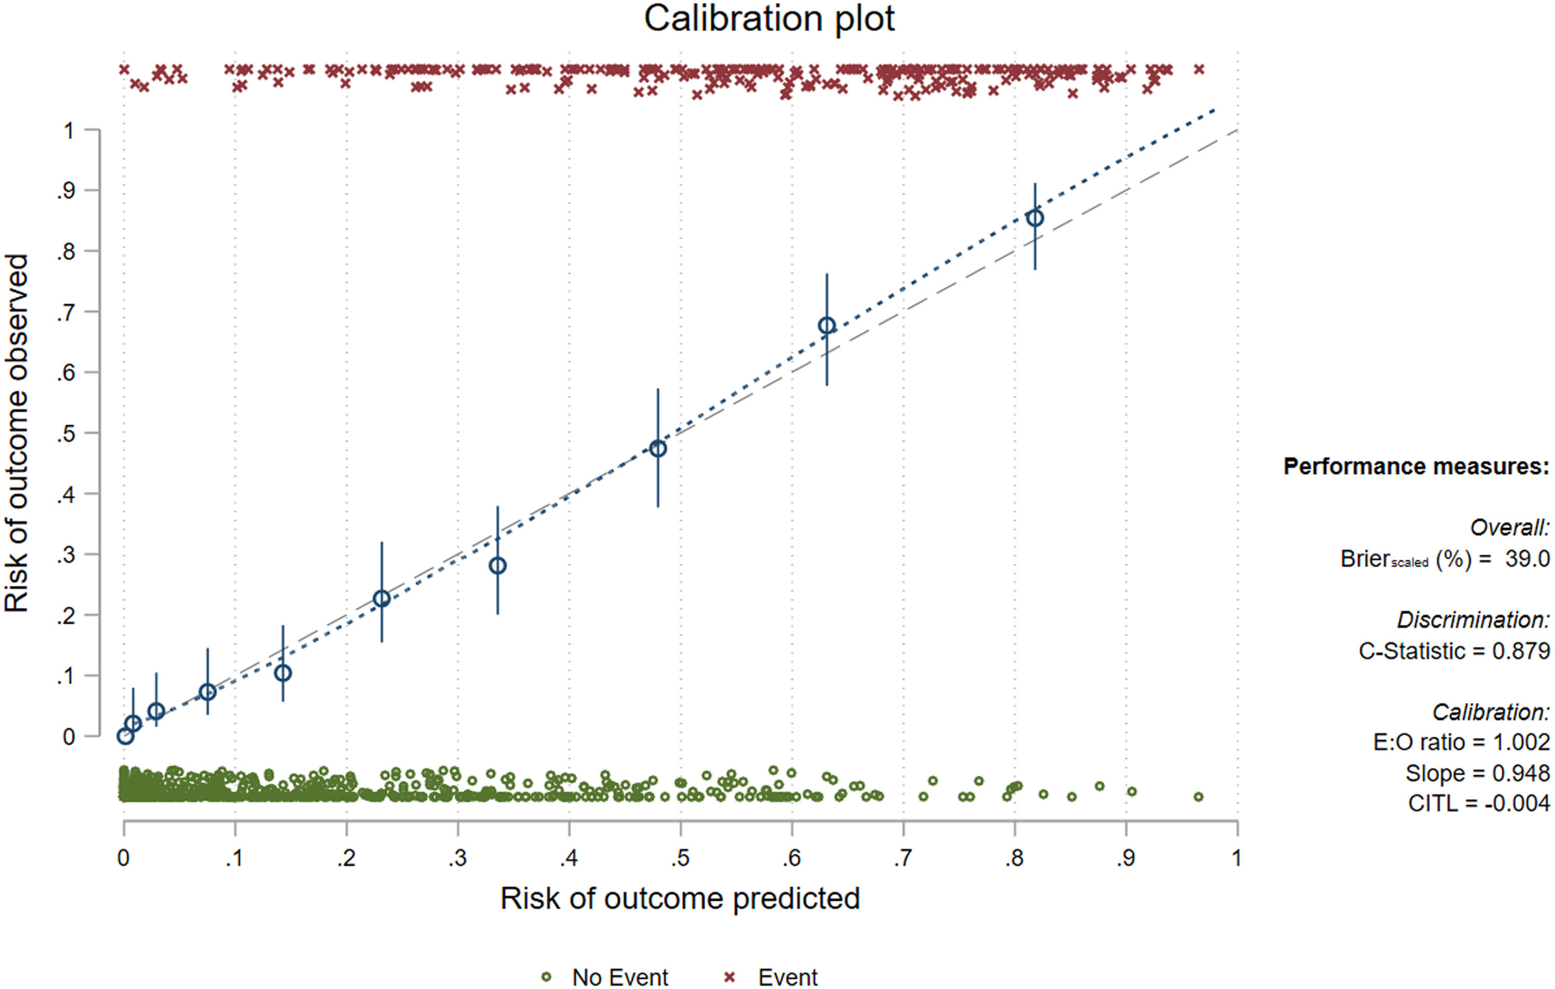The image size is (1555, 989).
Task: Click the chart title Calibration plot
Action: [769, 19]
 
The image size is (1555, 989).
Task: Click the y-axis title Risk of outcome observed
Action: [17, 433]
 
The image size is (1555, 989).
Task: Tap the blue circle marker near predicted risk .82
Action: [1035, 218]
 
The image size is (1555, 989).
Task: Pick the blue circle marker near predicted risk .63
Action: [827, 326]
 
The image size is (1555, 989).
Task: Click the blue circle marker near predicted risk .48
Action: [657, 448]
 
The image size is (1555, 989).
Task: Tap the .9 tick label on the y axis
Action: [66, 191]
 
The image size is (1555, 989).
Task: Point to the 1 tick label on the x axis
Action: [1236, 858]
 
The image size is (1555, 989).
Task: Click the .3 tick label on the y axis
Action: [66, 555]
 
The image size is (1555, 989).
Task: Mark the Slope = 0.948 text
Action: [1477, 773]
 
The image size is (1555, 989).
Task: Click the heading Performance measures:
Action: [1416, 467]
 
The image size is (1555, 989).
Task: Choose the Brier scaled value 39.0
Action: [1526, 559]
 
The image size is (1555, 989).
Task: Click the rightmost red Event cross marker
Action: [1199, 69]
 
